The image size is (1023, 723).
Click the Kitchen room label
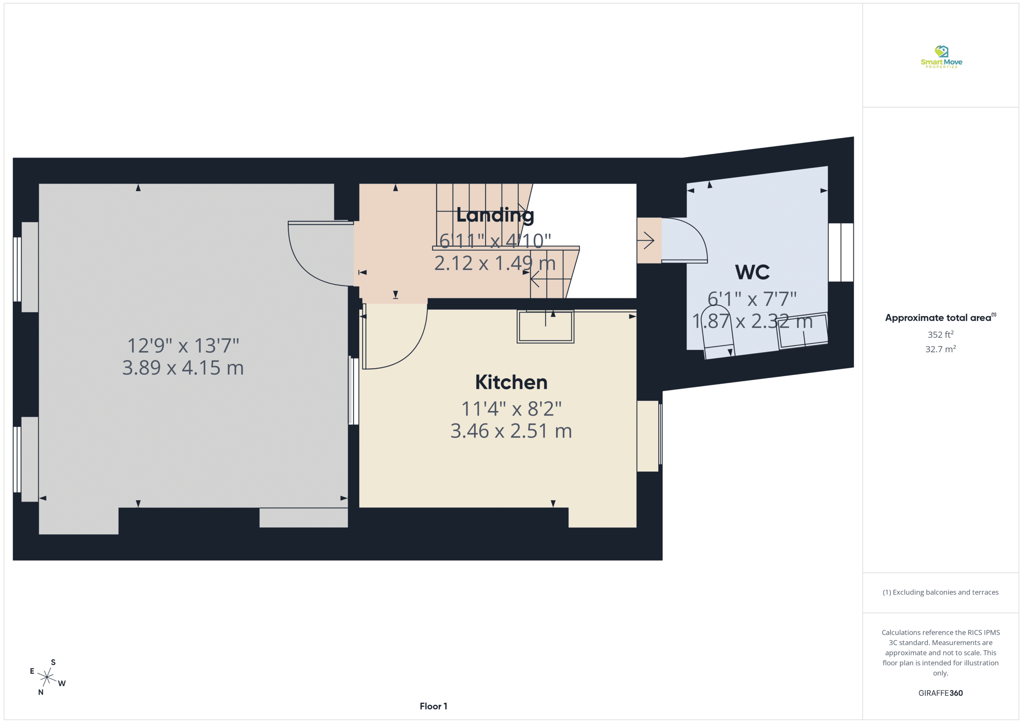pyautogui.click(x=511, y=382)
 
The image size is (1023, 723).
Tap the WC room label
pyautogui.click(x=752, y=272)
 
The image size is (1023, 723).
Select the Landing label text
pyautogui.click(x=495, y=216)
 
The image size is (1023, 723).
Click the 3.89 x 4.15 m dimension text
pyautogui.click(x=183, y=368)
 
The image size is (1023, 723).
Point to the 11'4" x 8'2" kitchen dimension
pyautogui.click(x=511, y=408)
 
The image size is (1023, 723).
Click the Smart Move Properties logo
pyautogui.click(x=941, y=57)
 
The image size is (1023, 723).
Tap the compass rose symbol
pyautogui.click(x=47, y=677)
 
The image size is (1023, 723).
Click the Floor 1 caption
pyautogui.click(x=433, y=706)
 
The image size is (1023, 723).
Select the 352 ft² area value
pyautogui.click(x=941, y=334)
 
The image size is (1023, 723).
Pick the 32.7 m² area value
pyautogui.click(x=941, y=349)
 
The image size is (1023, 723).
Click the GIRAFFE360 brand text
pyautogui.click(x=940, y=693)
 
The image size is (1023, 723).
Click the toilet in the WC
pyautogui.click(x=717, y=332)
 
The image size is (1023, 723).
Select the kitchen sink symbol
pyautogui.click(x=545, y=326)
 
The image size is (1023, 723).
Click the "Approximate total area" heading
pyautogui.click(x=940, y=317)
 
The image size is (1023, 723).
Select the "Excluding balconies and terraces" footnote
pyautogui.click(x=940, y=592)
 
